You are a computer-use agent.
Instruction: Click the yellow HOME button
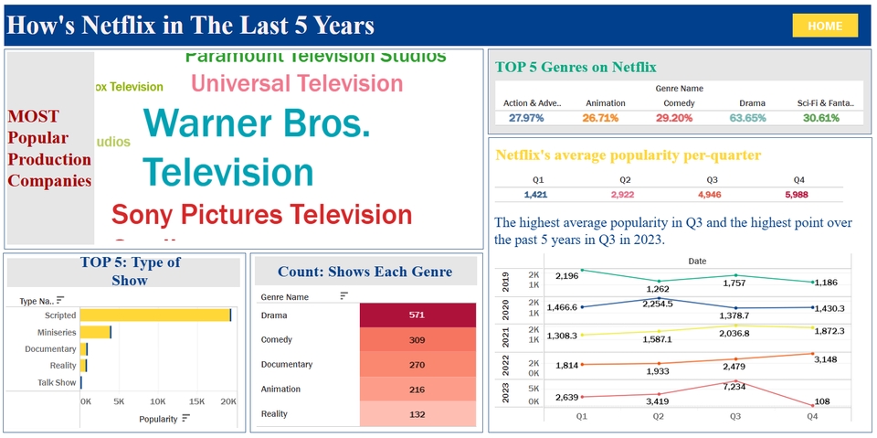(825, 26)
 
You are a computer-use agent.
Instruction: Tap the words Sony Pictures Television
(262, 215)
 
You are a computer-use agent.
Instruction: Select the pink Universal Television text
(297, 83)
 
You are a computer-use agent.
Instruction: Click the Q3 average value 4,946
(709, 195)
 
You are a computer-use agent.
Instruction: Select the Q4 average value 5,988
(797, 195)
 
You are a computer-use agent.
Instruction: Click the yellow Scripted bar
(155, 315)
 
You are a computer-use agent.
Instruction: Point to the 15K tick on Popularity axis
(195, 401)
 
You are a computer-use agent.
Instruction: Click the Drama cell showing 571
(417, 315)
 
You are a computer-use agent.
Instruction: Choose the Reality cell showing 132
(417, 414)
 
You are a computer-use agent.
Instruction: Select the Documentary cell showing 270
(417, 365)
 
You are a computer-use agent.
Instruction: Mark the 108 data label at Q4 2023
(822, 401)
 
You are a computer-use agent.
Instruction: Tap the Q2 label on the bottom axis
(659, 416)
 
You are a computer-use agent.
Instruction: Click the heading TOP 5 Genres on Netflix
(576, 67)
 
